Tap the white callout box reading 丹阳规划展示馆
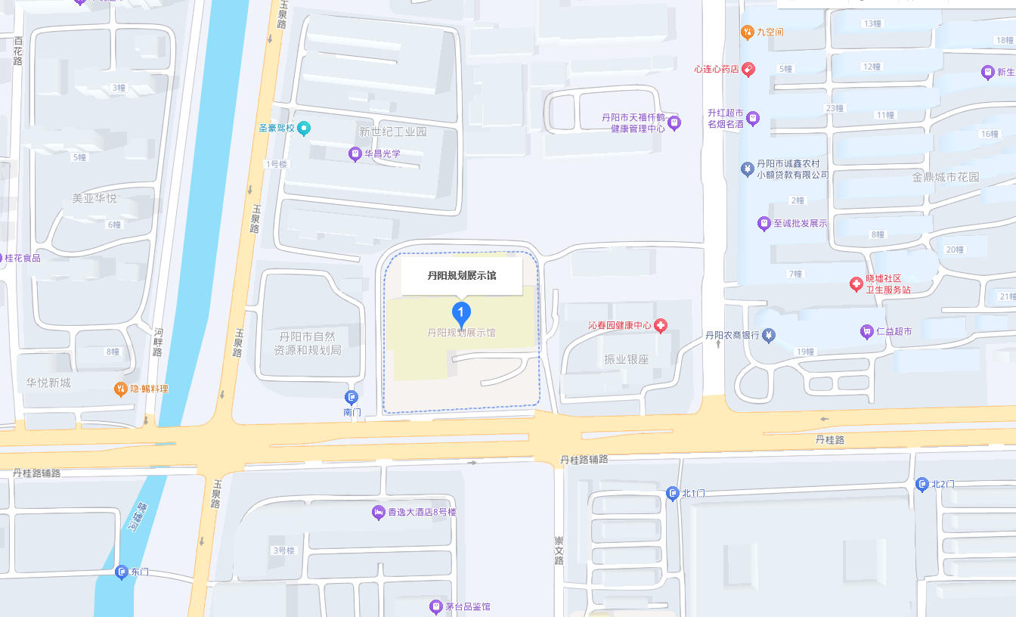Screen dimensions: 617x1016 (x=462, y=276)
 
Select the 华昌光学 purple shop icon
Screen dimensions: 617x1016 (x=355, y=154)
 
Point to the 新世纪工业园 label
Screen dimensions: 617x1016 (x=392, y=132)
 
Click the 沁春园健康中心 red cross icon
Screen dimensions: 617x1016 (x=661, y=326)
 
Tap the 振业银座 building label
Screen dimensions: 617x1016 (x=626, y=360)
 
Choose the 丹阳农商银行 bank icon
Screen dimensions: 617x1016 (x=769, y=335)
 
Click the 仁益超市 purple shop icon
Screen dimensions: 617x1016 (x=866, y=331)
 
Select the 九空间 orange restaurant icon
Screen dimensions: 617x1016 (x=747, y=32)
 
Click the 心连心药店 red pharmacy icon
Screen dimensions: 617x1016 (x=748, y=70)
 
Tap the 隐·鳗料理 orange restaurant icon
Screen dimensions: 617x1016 (x=120, y=389)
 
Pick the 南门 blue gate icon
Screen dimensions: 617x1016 (x=352, y=397)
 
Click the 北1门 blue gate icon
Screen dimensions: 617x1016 (x=672, y=494)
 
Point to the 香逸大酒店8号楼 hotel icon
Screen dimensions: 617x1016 (x=378, y=513)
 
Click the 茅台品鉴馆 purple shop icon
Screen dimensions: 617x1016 (x=435, y=606)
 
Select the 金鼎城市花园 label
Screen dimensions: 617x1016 (x=945, y=178)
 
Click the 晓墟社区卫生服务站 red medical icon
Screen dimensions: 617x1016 (x=856, y=284)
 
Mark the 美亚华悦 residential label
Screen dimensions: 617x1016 (x=94, y=198)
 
